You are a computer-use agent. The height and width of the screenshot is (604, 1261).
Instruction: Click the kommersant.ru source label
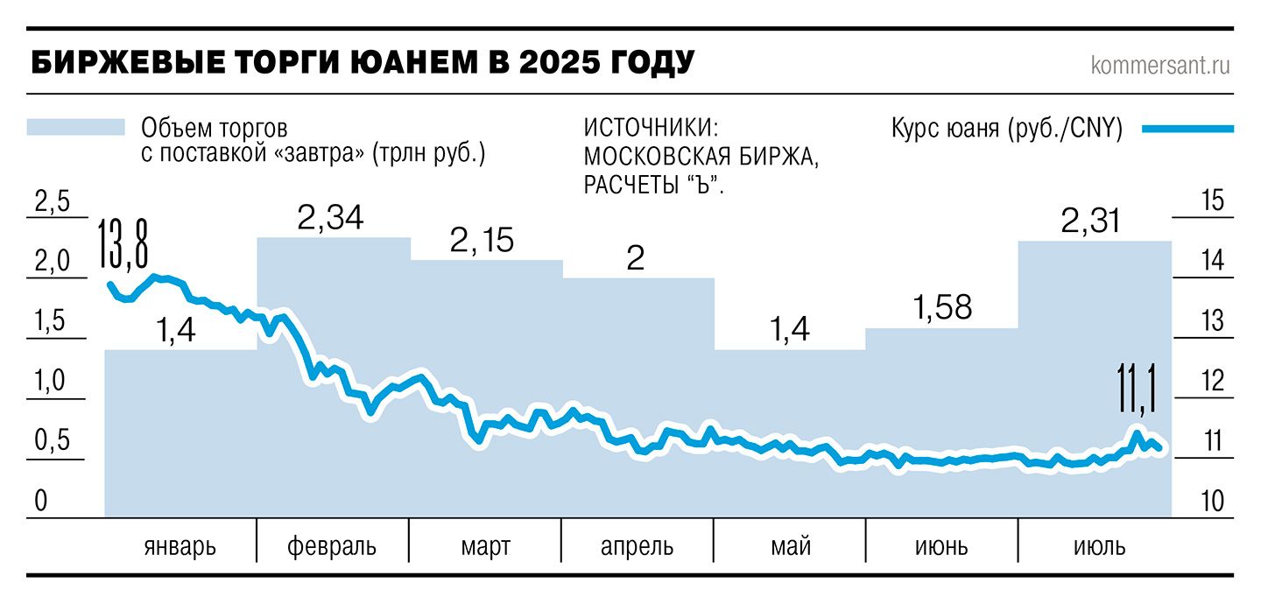(1160, 66)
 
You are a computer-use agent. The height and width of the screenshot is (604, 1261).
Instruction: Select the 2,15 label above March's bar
(482, 241)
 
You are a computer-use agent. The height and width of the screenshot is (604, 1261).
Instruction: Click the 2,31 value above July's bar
(1090, 221)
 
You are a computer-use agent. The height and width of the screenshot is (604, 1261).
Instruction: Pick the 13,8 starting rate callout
(123, 247)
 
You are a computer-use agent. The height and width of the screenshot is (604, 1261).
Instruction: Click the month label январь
(180, 547)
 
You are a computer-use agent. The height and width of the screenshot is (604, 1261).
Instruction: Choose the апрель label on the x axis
(637, 547)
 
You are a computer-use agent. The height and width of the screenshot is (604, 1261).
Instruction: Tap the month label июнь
(941, 547)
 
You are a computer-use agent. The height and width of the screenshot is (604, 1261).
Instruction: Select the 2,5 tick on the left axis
(51, 202)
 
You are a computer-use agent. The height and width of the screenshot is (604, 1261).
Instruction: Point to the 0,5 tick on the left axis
(51, 442)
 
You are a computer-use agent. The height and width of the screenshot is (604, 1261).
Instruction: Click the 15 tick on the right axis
(1212, 200)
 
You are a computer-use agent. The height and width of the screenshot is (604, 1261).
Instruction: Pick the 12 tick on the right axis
(1212, 382)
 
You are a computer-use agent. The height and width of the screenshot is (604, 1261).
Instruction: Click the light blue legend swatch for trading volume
(75, 128)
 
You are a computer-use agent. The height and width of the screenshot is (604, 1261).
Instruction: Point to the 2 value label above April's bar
(637, 259)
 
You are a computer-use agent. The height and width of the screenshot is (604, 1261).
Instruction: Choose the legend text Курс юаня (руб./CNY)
(1006, 129)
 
